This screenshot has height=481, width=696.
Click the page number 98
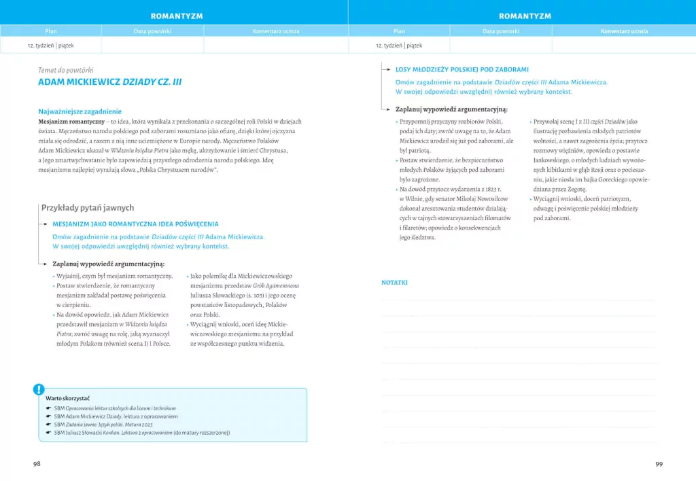[x=37, y=463]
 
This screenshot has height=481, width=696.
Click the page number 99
[x=659, y=463]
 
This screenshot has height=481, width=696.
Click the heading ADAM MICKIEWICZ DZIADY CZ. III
[x=109, y=82]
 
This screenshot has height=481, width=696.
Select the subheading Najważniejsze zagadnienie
[x=80, y=111]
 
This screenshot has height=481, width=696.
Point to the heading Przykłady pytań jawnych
[x=88, y=208]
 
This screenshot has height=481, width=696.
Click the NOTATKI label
[x=394, y=282]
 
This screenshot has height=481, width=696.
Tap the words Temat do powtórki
[x=66, y=70]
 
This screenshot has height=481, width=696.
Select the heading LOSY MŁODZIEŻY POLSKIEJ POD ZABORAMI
[x=462, y=69]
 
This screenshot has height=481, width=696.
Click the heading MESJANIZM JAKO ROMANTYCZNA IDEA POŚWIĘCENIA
[x=135, y=224]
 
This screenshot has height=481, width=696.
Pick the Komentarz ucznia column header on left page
[x=276, y=31]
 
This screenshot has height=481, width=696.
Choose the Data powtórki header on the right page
[x=501, y=31]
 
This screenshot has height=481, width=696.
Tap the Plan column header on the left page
[x=51, y=31]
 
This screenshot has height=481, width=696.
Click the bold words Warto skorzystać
[x=68, y=398]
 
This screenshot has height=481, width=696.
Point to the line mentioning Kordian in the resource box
[x=142, y=432]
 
